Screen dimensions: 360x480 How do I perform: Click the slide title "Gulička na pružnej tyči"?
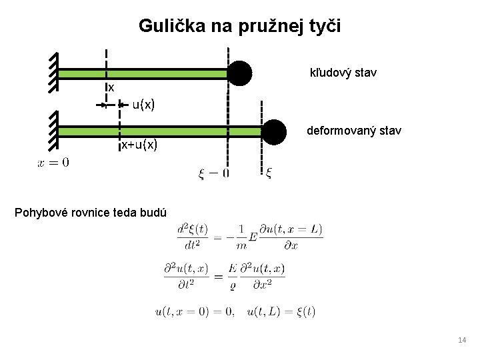pyautogui.click(x=239, y=26)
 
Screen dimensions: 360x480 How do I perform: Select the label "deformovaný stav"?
pyautogui.click(x=353, y=131)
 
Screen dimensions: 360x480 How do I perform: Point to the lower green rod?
pyautogui.click(x=160, y=131)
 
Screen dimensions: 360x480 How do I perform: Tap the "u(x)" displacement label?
pyautogui.click(x=143, y=104)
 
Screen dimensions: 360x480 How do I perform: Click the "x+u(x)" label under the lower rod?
pyautogui.click(x=139, y=145)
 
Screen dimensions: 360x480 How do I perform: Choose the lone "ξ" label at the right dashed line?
pyautogui.click(x=268, y=173)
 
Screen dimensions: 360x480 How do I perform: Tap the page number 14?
pyautogui.click(x=462, y=341)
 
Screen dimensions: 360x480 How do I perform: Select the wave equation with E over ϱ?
pyautogui.click(x=224, y=274)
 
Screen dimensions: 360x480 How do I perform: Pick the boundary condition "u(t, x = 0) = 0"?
pyautogui.click(x=194, y=311)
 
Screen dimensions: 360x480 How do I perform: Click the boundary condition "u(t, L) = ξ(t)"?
pyautogui.click(x=281, y=311)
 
